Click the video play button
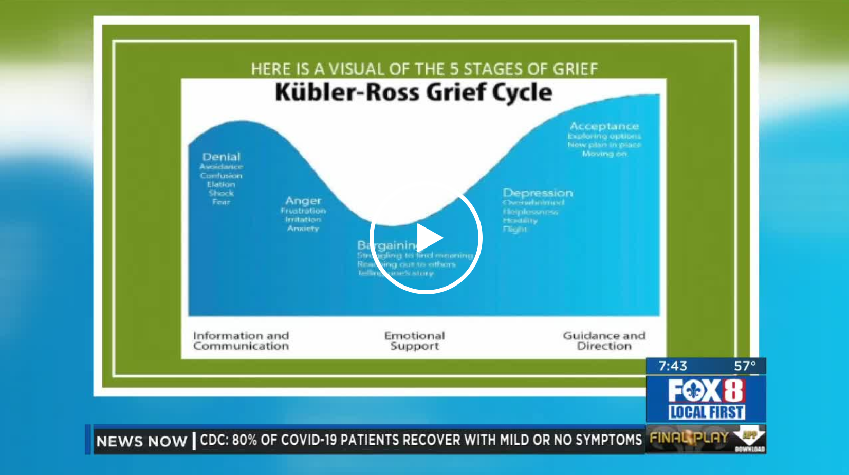(426, 238)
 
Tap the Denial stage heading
(221, 157)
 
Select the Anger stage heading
(303, 201)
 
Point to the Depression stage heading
(538, 193)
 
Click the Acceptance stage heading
(604, 126)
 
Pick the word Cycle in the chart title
(522, 93)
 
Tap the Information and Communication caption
(241, 341)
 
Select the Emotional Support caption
(414, 341)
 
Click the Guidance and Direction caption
(604, 341)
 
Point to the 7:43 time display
(673, 366)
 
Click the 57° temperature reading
(745, 366)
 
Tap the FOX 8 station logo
(706, 391)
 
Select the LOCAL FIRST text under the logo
(706, 412)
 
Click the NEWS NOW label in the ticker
(141, 441)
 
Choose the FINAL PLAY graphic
(689, 438)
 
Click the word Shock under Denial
(221, 193)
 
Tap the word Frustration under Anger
(303, 211)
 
